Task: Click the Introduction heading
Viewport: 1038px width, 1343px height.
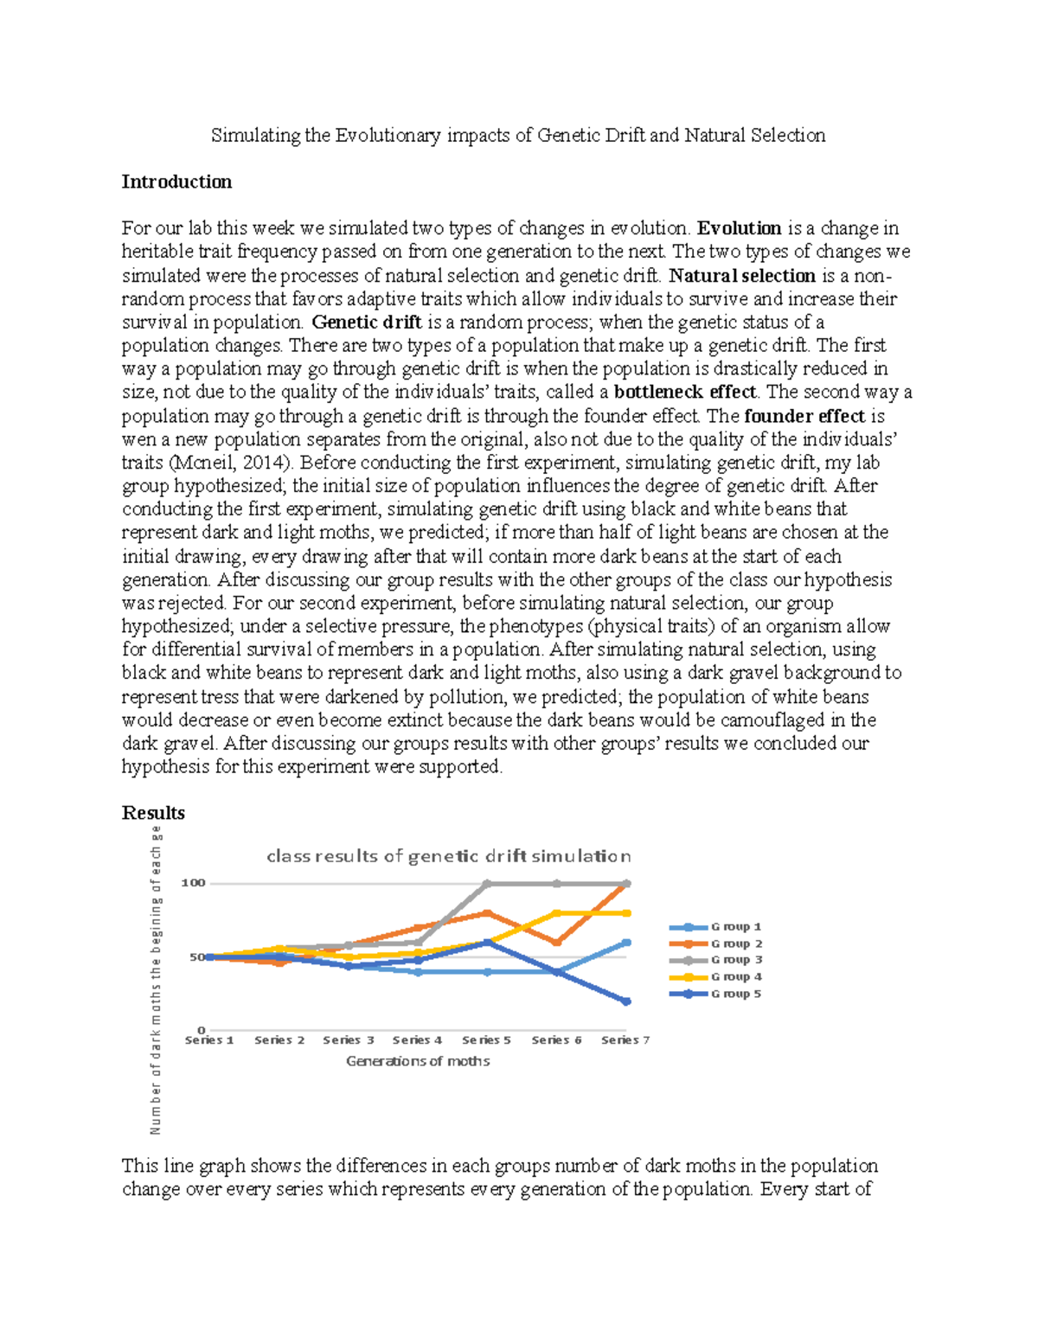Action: tap(176, 182)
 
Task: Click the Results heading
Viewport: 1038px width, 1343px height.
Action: tap(153, 813)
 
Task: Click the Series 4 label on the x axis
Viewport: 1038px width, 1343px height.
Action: tap(417, 1040)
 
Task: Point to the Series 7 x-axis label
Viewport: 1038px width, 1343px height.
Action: tap(625, 1040)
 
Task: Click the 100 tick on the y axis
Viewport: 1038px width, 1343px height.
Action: tap(193, 883)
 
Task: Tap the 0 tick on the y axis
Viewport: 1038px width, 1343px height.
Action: tap(202, 1030)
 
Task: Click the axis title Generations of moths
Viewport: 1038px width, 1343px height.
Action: tap(418, 1061)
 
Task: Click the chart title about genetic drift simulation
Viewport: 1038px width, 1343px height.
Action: tap(448, 856)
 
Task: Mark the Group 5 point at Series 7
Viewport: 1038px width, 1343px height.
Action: tap(626, 1001)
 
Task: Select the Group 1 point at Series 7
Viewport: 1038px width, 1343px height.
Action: tap(626, 943)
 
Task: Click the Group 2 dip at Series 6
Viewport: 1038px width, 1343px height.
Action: tap(556, 943)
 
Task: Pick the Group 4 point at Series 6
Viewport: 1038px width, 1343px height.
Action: tap(556, 913)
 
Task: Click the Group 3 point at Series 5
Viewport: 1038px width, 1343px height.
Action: tap(487, 884)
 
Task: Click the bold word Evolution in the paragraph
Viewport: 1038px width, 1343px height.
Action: tap(740, 228)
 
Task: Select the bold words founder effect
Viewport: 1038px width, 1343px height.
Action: tap(804, 416)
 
